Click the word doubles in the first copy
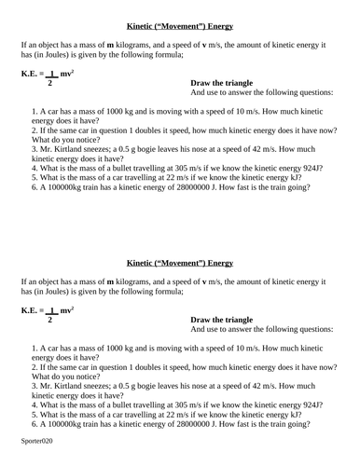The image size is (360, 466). pyautogui.click(x=172, y=130)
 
